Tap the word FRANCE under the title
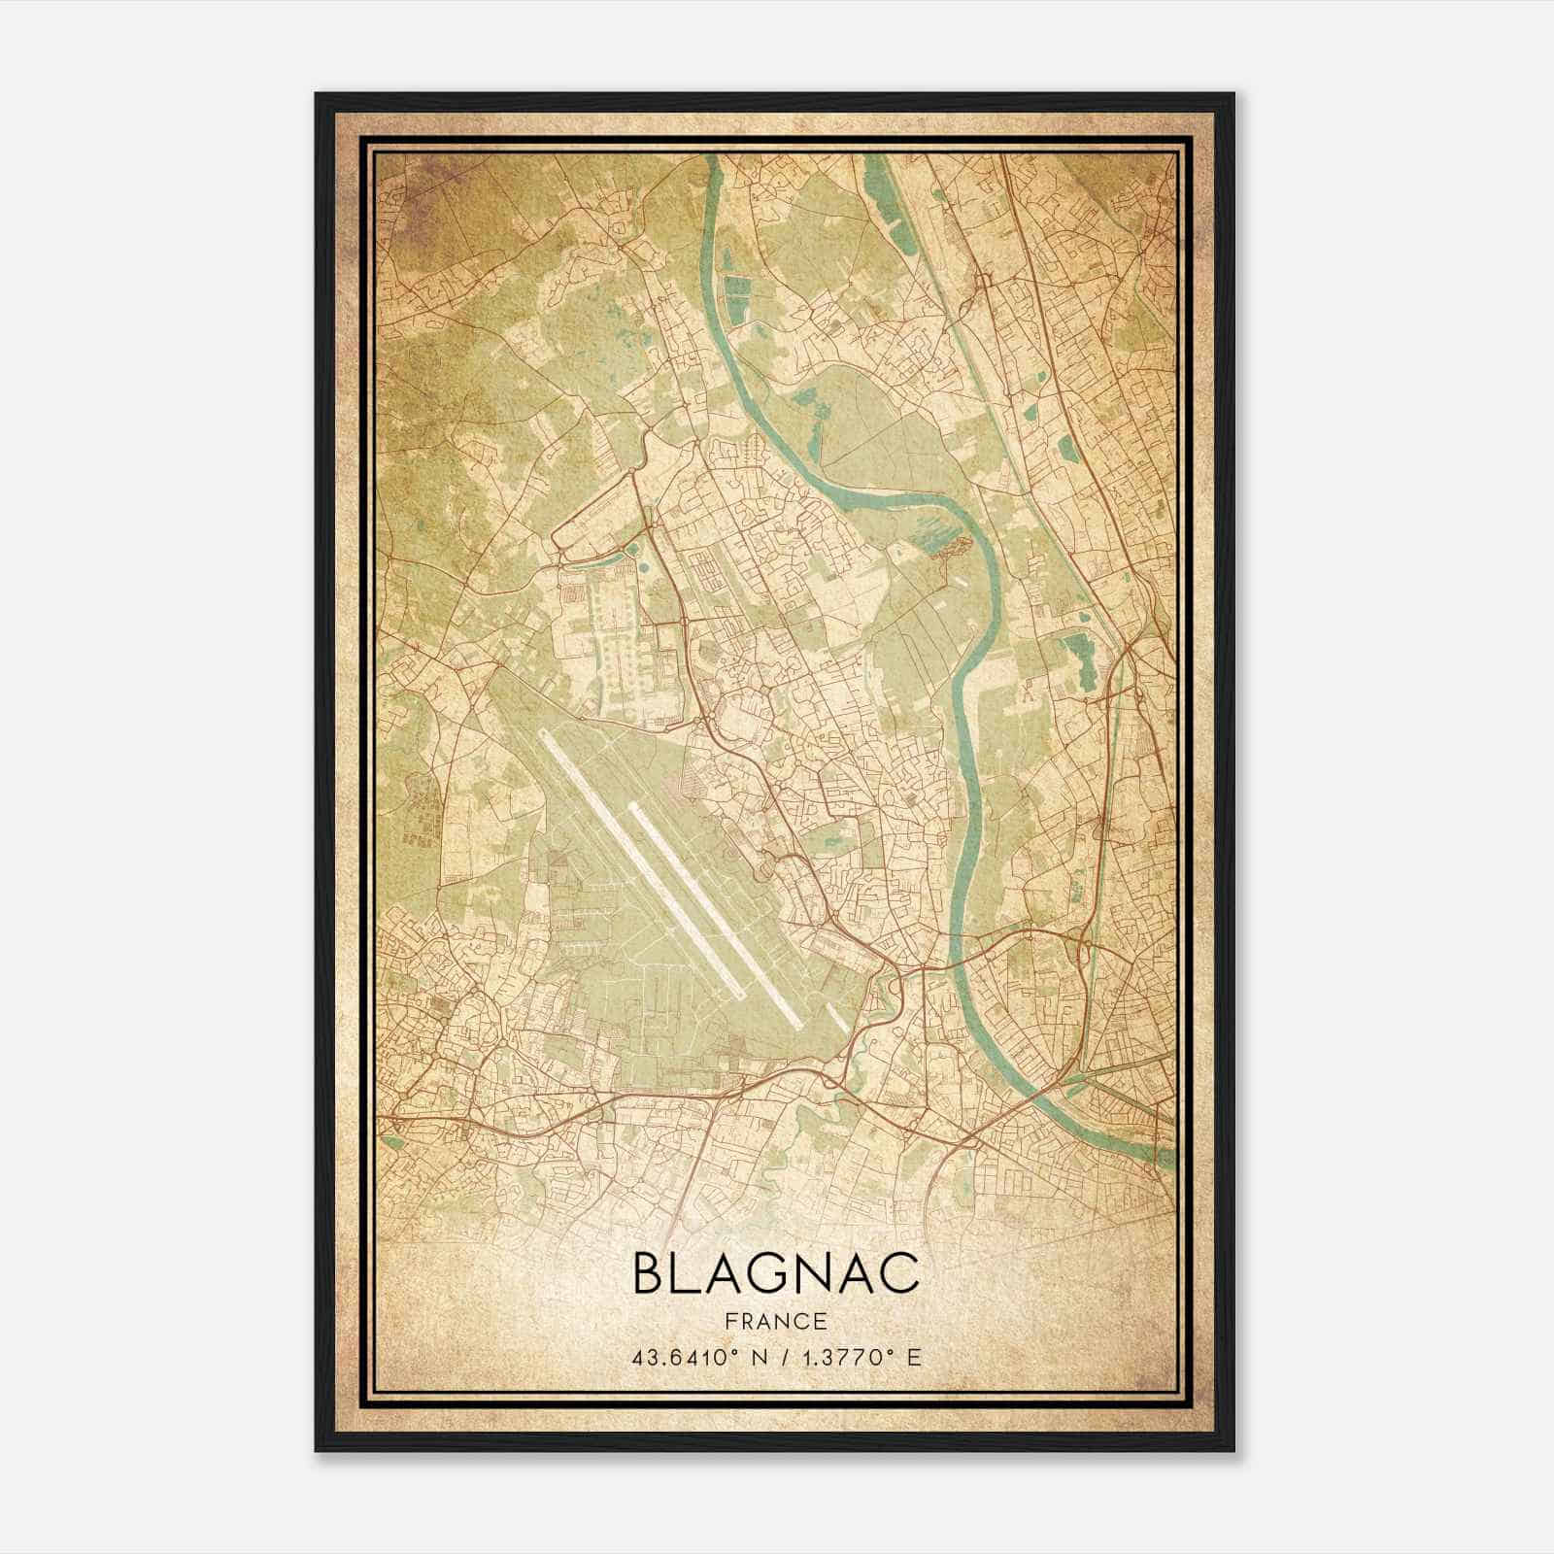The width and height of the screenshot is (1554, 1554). tap(775, 1322)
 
